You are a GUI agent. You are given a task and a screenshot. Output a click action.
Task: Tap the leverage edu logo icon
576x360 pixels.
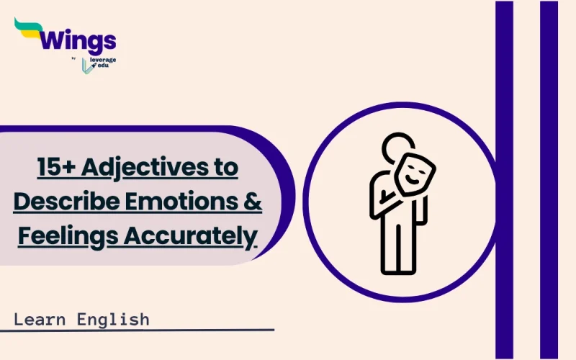[88, 64]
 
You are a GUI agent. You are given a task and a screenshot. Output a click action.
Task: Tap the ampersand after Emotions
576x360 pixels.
[252, 202]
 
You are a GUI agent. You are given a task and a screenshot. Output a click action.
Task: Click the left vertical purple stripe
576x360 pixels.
[504, 180]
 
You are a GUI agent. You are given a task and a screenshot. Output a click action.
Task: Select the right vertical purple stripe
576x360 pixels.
[549, 180]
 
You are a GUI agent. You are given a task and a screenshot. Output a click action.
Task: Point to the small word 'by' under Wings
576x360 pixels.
[75, 58]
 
